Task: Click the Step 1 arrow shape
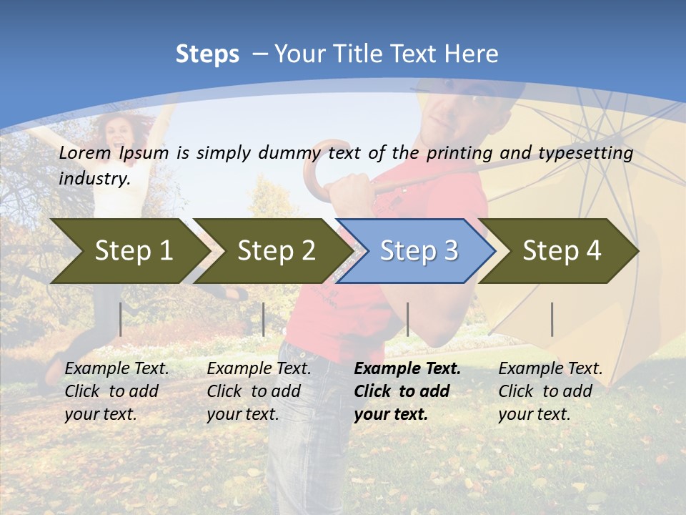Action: coord(129,251)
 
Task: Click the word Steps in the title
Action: coord(207,54)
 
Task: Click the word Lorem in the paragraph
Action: coord(85,152)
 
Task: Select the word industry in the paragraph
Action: coord(94,178)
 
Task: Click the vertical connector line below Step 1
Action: coord(121,319)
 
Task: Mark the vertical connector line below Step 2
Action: coord(264,319)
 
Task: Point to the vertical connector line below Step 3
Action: coord(407,319)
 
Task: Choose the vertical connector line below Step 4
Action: coord(552,319)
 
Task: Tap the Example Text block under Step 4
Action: coord(550,391)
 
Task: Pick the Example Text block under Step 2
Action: coord(258,391)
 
